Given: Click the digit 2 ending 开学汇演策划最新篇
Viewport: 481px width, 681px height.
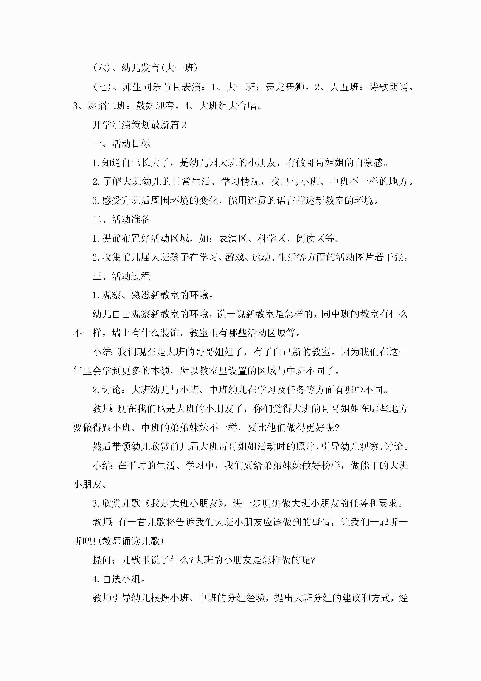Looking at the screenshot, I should pos(184,125).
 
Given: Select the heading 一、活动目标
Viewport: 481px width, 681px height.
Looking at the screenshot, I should pos(121,144).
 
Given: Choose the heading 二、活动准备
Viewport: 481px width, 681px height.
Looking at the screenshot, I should pos(121,220).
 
